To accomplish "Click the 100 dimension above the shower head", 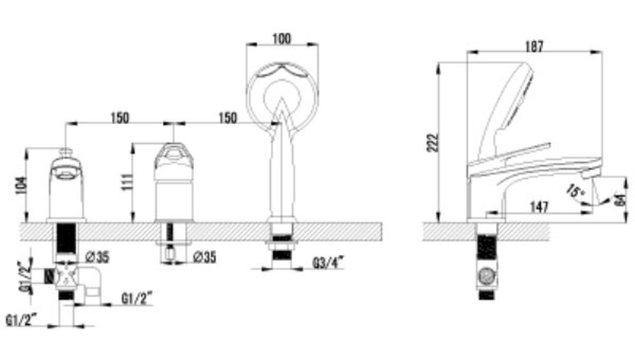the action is pos(281,39).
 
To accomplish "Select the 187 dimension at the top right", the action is pos(534,47).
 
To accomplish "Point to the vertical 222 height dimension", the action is pos(432,143).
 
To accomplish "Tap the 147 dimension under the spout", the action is pos(539,207).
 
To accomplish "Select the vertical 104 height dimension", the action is pos(21,186).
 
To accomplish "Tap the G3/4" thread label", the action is pos(328,263).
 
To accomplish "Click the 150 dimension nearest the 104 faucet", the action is pos(120,118).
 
